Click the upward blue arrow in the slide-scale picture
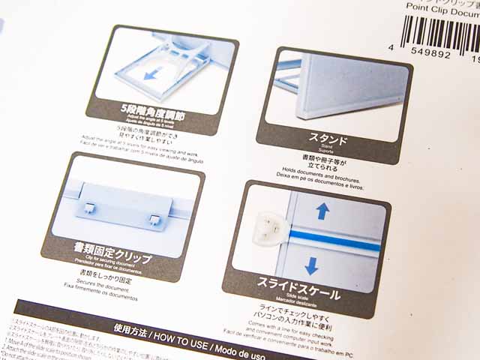pos(322,211)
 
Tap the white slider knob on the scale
pos(268,225)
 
